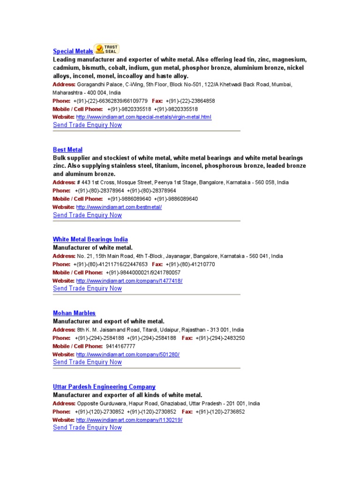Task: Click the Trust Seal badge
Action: tap(107, 49)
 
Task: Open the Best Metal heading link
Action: tap(67, 150)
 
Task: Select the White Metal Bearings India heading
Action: tap(90, 239)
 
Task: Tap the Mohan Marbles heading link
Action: tap(74, 313)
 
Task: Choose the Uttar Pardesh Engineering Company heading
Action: tap(104, 387)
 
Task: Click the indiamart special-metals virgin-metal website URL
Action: tap(143, 117)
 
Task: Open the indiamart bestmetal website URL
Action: tap(119, 207)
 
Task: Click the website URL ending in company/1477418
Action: tap(129, 280)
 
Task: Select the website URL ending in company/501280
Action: tap(127, 354)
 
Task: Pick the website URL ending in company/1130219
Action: tap(129, 420)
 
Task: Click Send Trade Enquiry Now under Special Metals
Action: tap(87, 125)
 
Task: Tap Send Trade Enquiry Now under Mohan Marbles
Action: tap(87, 362)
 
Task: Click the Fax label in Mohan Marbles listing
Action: tap(187, 338)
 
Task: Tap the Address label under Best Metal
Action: tap(64, 182)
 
